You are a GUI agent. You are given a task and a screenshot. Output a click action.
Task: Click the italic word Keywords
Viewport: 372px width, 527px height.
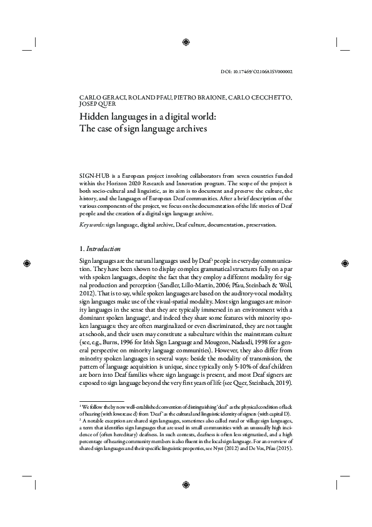click(x=92, y=224)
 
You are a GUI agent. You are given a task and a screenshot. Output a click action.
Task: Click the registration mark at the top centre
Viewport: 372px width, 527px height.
click(x=186, y=41)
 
